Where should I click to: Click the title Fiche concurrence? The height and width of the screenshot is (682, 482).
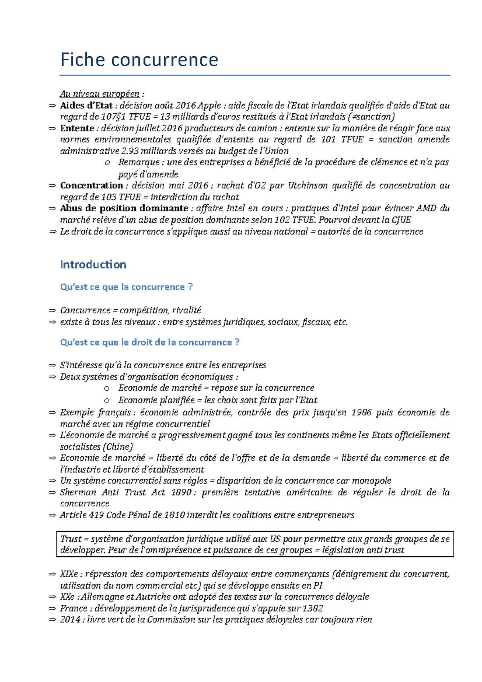point(139,60)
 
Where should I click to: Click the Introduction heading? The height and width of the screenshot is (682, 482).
point(93,265)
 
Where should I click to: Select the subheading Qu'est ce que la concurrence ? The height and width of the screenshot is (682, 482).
point(126,287)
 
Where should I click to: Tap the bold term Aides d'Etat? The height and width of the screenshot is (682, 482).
point(86,106)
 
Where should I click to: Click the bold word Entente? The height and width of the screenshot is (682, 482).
point(77,129)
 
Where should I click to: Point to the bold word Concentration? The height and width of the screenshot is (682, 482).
point(91,186)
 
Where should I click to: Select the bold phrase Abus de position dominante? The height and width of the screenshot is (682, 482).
point(124,208)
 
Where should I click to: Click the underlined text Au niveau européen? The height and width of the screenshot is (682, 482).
point(100,94)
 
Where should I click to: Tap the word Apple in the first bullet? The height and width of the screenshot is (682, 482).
point(209,106)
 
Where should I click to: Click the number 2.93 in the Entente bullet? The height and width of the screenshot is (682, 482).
point(130,151)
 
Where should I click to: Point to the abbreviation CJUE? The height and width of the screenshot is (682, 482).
point(401,220)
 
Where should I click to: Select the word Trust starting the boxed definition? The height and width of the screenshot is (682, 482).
point(71,539)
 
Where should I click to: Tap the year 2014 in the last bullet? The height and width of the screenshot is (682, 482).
point(71,620)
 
